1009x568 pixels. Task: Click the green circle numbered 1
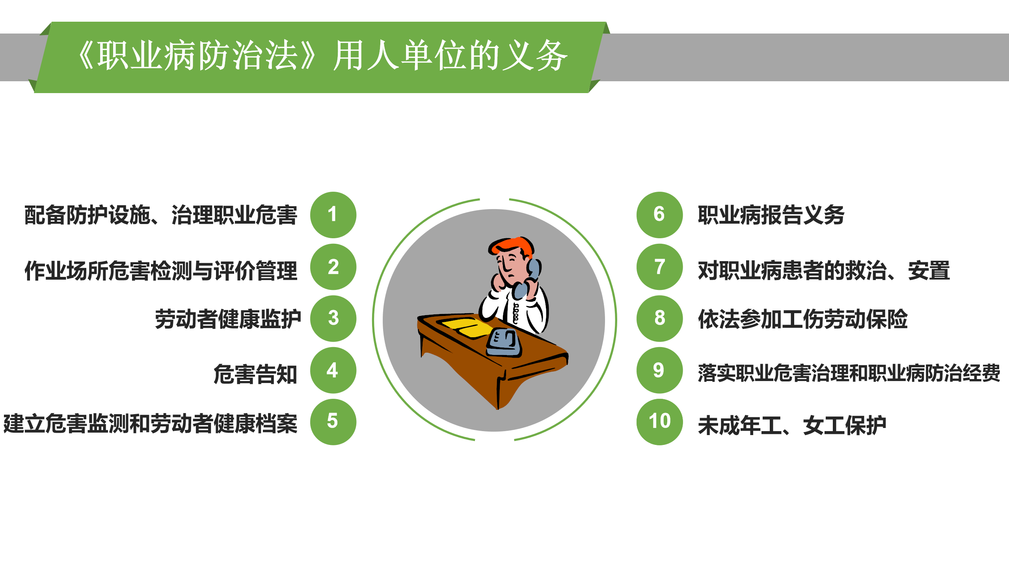click(x=333, y=215)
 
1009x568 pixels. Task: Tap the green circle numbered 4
click(x=333, y=370)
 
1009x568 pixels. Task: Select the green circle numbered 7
click(x=659, y=267)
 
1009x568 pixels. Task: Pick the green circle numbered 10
click(x=659, y=422)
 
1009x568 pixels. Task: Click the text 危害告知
click(x=255, y=374)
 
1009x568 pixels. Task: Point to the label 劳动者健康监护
click(x=227, y=319)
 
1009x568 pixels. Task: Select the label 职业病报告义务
click(x=771, y=215)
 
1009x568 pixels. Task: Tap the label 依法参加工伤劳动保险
click(x=802, y=319)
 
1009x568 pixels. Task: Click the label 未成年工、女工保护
click(x=792, y=426)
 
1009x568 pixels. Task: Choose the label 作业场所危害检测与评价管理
click(x=161, y=271)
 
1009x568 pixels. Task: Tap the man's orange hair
click(x=512, y=245)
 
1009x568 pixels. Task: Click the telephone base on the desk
click(x=504, y=343)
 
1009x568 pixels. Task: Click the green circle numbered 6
click(x=659, y=215)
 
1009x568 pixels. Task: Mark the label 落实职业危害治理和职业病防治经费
click(x=849, y=373)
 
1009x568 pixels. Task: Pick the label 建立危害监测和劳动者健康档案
click(x=150, y=424)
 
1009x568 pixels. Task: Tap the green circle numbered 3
click(x=333, y=318)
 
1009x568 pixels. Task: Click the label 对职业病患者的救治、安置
click(x=823, y=271)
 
